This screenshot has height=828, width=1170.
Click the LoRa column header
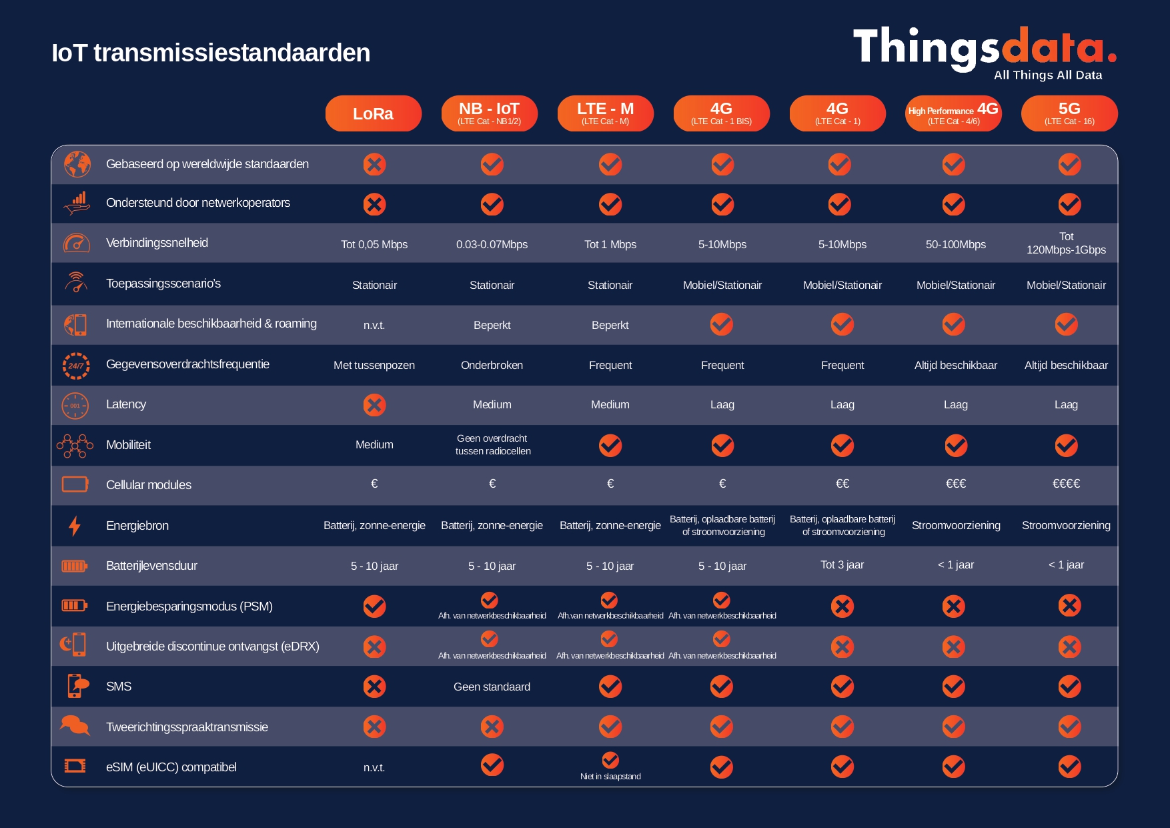click(373, 113)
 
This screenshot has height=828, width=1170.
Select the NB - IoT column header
click(489, 113)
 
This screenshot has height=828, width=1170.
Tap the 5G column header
click(1069, 113)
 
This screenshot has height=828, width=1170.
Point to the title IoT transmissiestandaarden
click(211, 53)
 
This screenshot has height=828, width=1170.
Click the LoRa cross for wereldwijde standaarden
click(374, 164)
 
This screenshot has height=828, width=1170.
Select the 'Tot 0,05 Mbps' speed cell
click(374, 244)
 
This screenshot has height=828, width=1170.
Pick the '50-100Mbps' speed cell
click(955, 244)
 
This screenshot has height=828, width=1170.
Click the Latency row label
click(126, 404)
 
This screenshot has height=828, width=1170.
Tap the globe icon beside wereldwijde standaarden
click(77, 164)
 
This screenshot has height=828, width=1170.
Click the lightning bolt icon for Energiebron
click(75, 526)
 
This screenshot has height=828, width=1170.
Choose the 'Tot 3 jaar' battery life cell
click(842, 565)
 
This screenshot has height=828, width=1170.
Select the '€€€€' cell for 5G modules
click(1066, 484)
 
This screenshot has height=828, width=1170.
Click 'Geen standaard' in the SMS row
click(492, 687)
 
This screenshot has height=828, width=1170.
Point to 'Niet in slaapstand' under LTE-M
click(610, 776)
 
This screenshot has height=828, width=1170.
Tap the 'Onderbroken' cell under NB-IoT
click(492, 365)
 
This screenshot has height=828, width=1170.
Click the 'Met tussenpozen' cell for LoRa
click(374, 365)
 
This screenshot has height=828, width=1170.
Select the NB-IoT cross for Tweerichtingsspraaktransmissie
click(492, 727)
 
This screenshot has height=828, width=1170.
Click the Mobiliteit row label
click(128, 445)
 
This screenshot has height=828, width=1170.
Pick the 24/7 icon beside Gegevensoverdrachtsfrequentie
click(76, 366)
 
